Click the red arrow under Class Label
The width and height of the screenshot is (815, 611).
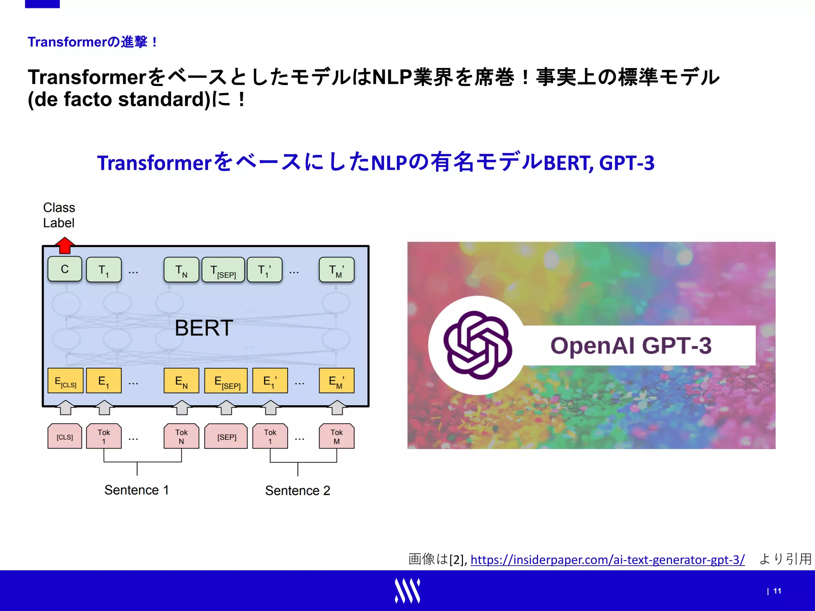pos(64,245)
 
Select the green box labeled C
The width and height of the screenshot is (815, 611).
pos(65,269)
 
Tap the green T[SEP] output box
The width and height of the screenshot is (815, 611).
pos(223,270)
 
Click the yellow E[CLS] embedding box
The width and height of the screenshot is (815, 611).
pos(65,381)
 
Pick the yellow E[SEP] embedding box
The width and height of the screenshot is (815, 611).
pos(226,381)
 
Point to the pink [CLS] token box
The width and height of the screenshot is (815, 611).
pos(65,436)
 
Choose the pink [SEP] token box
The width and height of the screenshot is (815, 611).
pos(226,436)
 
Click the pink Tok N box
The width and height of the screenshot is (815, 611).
pos(181,436)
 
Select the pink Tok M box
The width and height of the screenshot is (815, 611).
pos(337,436)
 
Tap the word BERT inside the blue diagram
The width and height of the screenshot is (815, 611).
pos(204,328)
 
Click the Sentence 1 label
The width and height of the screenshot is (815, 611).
pos(136,490)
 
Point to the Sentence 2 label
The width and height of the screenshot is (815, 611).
pos(298,490)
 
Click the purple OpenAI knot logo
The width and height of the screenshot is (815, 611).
pos(478,345)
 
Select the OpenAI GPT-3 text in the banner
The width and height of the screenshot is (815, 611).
pos(631,345)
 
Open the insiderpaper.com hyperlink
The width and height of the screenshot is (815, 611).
pos(607,560)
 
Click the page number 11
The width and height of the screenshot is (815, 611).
pos(777,591)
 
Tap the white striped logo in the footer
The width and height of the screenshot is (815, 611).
pos(407,591)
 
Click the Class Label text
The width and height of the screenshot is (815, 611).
pos(59,215)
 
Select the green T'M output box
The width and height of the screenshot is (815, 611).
pos(337,270)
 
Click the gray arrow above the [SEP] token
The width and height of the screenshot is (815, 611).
pos(226,407)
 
